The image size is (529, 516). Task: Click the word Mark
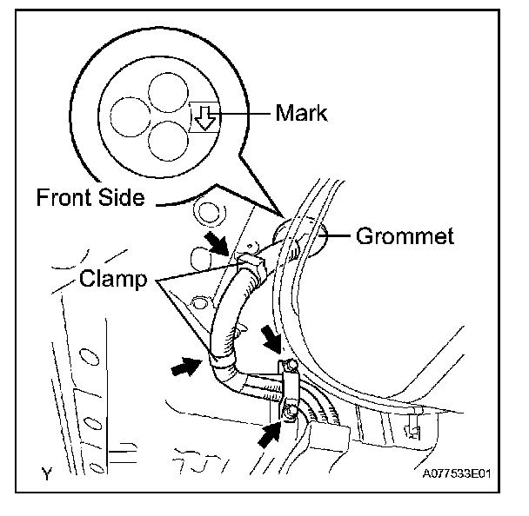click(x=301, y=113)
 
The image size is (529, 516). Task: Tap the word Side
click(x=122, y=198)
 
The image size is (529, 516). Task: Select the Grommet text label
click(x=405, y=235)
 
